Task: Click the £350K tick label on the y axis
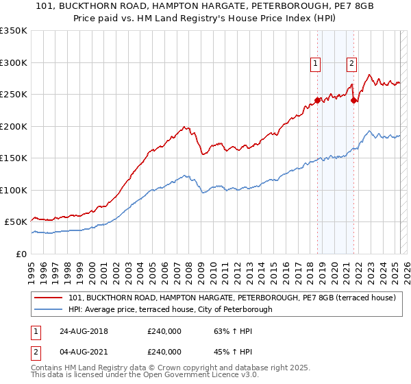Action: [x=14, y=31]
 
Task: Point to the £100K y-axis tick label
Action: [x=14, y=190]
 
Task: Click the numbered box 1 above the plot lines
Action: [x=316, y=64]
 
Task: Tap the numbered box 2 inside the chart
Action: [x=351, y=64]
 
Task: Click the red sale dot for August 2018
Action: [x=318, y=100]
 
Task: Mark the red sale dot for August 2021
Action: [x=353, y=100]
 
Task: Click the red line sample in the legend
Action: [x=49, y=298]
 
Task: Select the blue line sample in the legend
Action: [x=49, y=309]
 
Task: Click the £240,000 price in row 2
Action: [x=164, y=352]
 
